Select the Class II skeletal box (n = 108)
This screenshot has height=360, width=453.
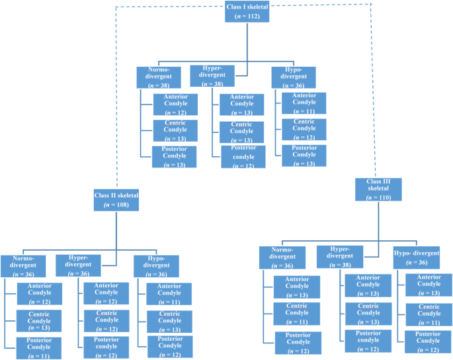pyautogui.click(x=116, y=200)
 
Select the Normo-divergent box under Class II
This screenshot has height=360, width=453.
pyautogui.click(x=23, y=266)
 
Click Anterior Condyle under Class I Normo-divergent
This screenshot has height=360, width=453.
pyautogui.click(x=175, y=105)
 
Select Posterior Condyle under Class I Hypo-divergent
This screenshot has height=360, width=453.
pyautogui.click(x=304, y=156)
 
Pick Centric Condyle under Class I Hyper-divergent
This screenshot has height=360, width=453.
pyautogui.click(x=242, y=132)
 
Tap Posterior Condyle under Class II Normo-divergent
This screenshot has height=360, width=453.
pyautogui.click(x=38, y=348)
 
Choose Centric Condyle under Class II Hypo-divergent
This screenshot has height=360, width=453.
pyautogui.click(x=169, y=321)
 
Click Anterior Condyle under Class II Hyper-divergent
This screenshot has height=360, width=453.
pyautogui.click(x=106, y=294)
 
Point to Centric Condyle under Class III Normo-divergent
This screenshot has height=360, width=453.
pyautogui.click(x=297, y=314)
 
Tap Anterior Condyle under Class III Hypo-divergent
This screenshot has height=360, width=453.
pyautogui.click(x=428, y=285)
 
